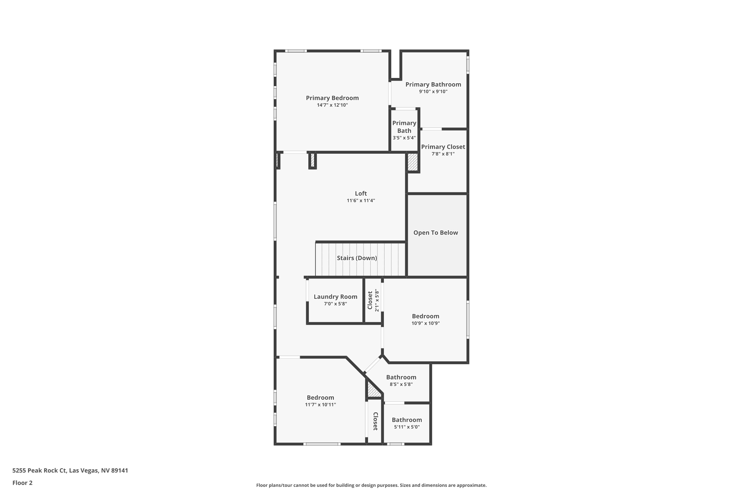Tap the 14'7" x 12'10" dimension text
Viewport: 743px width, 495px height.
point(332,105)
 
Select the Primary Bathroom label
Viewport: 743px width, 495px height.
point(433,85)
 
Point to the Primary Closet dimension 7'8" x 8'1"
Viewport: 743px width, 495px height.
point(443,154)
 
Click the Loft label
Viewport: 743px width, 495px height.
point(361,194)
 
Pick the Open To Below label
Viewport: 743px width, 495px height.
point(436,233)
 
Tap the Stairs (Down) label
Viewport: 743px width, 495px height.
point(357,258)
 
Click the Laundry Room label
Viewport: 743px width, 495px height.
point(336,297)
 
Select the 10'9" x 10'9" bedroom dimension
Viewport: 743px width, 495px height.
point(425,323)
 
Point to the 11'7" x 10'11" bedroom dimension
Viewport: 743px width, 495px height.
point(320,405)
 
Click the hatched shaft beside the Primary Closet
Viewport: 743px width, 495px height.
point(413,162)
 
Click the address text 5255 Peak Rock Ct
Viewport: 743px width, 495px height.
point(39,471)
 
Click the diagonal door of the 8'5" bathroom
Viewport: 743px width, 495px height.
point(372,365)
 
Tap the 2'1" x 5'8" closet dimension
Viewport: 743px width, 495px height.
point(376,300)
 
